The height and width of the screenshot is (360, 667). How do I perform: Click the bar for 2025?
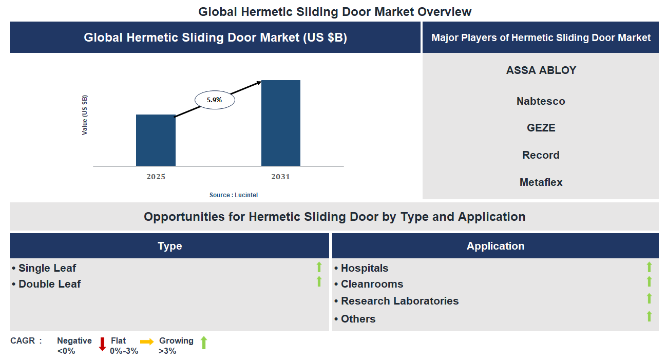point(156,140)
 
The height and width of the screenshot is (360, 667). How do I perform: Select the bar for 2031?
point(281,123)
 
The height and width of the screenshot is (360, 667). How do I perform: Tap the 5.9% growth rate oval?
point(215,100)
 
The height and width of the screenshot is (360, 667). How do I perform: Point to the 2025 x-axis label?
point(156,177)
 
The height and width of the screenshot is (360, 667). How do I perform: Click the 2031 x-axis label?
point(281,177)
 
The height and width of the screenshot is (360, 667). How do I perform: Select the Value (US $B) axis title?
point(85,115)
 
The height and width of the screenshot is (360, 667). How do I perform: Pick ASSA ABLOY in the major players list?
point(541,70)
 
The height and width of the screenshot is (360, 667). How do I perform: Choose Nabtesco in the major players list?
point(541,101)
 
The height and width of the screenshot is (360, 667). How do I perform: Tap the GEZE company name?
point(541,128)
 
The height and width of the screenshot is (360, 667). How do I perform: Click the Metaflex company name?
point(541,182)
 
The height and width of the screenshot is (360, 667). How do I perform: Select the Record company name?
point(541,155)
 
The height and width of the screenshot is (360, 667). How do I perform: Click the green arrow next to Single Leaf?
point(319,267)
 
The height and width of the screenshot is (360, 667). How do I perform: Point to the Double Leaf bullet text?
point(49,284)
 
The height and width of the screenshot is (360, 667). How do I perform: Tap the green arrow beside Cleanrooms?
point(649,281)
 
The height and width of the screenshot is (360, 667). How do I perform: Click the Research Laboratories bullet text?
point(399,301)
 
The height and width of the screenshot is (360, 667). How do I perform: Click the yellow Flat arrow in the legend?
point(147,342)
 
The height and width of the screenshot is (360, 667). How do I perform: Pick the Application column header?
point(496,246)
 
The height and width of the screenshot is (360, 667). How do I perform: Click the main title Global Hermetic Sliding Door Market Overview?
point(335,11)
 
